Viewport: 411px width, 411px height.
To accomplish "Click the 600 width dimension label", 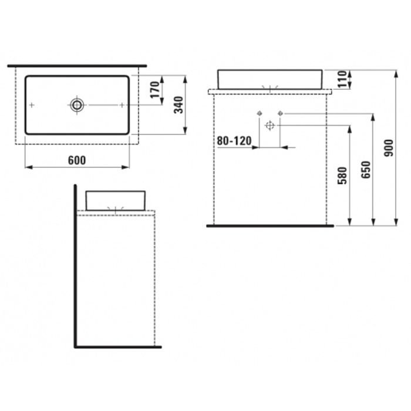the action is (77, 160).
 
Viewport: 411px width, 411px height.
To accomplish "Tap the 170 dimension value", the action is (155, 90).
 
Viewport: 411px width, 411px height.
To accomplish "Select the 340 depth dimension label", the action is (179, 105).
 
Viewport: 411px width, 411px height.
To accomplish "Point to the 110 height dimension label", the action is (342, 79).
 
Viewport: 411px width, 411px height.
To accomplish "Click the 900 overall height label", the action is (389, 148).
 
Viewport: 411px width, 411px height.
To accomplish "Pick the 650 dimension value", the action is (366, 170).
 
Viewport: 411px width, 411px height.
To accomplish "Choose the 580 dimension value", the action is (342, 176).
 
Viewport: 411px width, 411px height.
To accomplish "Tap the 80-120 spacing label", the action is (234, 141).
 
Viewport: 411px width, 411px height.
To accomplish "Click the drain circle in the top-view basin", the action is (77, 105).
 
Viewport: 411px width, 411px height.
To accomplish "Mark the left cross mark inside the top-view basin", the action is (32, 105).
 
